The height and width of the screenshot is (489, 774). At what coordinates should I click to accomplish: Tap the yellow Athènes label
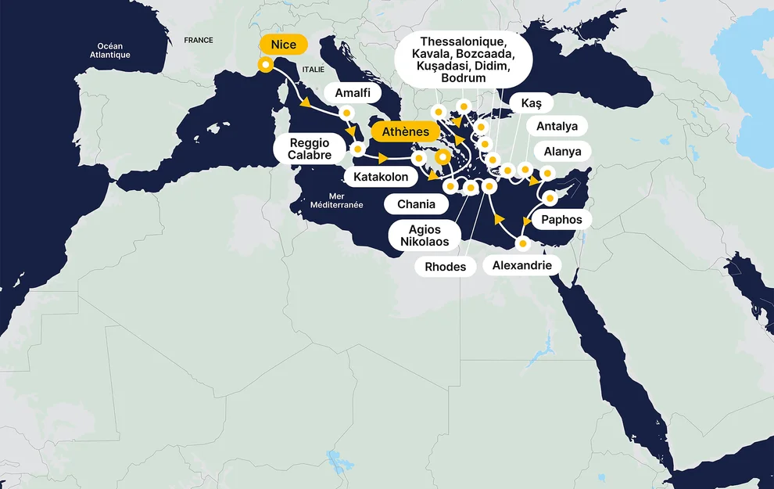[405, 131]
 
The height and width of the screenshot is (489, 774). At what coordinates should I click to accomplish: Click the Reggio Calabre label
[309, 149]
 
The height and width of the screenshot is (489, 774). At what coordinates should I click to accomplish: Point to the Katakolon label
[381, 177]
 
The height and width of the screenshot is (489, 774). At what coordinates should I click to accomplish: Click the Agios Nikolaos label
[425, 236]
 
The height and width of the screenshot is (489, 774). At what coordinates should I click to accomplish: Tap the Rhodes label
[445, 267]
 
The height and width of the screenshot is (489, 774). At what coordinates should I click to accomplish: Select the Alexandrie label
[521, 266]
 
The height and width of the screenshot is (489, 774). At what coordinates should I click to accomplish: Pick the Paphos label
[561, 220]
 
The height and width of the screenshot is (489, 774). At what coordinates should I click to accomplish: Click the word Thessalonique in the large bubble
[462, 41]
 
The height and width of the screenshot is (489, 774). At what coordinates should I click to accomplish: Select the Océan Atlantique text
[110, 51]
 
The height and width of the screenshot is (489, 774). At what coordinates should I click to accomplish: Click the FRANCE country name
[199, 40]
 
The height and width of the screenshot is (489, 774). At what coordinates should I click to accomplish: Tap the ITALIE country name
[311, 70]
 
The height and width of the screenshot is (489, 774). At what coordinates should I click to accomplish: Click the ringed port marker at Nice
[265, 65]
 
